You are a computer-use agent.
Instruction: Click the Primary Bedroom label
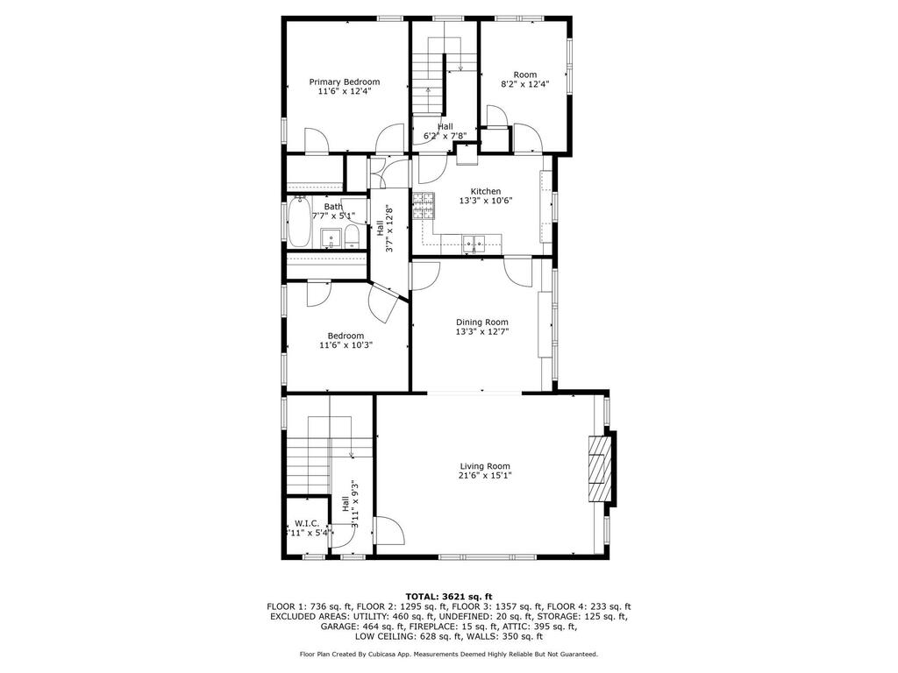pyautogui.click(x=344, y=81)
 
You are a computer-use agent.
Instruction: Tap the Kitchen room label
pyautogui.click(x=486, y=191)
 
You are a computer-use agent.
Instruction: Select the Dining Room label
pyautogui.click(x=481, y=322)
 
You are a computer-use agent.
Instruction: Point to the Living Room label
pyautogui.click(x=485, y=466)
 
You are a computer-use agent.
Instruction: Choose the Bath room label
pyautogui.click(x=333, y=207)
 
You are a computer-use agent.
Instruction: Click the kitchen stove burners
pyautogui.click(x=424, y=207)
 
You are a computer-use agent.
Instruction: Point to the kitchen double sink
pyautogui.click(x=474, y=244)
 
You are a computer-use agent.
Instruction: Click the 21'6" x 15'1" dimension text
pyautogui.click(x=485, y=476)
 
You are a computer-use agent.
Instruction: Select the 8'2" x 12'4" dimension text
pyautogui.click(x=524, y=83)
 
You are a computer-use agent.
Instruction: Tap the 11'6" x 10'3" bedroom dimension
pyautogui.click(x=346, y=345)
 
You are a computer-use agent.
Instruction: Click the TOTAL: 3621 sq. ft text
pyautogui.click(x=449, y=596)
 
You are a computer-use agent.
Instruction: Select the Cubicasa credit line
pyautogui.click(x=449, y=654)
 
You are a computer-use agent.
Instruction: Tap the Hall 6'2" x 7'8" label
pyautogui.click(x=445, y=131)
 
